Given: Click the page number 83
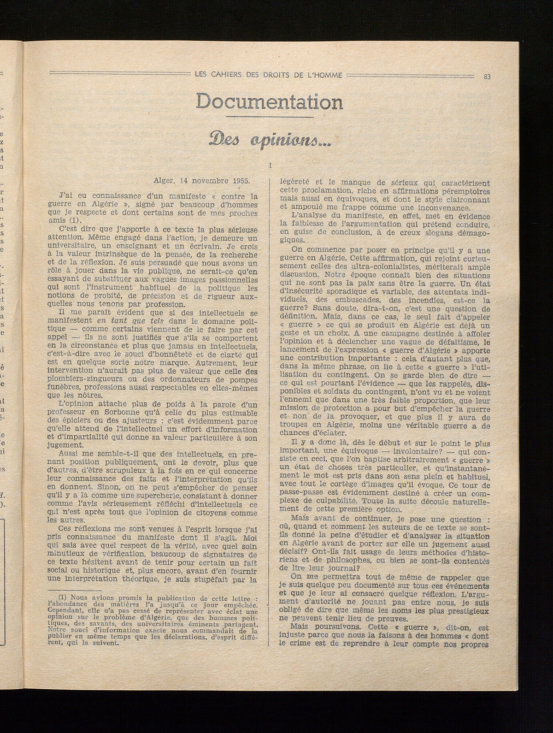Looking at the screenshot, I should point(487,77).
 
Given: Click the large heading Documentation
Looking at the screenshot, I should point(269,101).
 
